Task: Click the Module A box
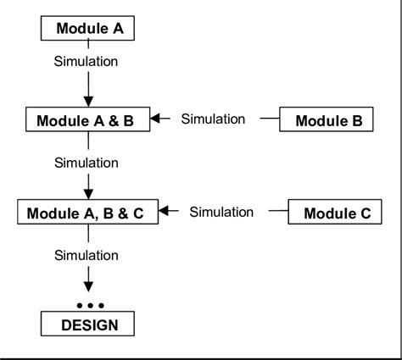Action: coord(89,29)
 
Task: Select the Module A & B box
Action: coord(85,120)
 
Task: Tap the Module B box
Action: coord(328,120)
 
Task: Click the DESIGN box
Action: coord(89,324)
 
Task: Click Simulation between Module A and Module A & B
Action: coord(86,61)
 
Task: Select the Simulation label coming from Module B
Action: coord(213,119)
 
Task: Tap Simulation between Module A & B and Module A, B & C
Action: coord(86,161)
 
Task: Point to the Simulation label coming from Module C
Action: coord(221,212)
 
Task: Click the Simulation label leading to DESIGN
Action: coord(86,254)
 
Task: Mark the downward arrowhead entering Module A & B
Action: coord(88,101)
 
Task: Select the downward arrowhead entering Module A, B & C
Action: coord(88,192)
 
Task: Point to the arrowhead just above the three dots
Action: coord(88,288)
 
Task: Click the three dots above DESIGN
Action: coord(89,305)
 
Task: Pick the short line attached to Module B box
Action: coord(269,119)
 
